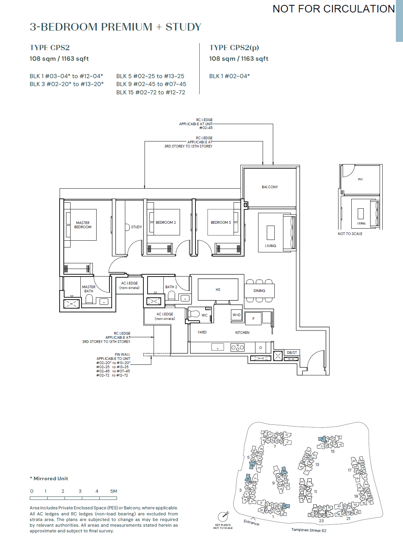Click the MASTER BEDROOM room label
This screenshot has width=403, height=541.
(x=83, y=225)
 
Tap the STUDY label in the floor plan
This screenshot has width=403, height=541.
(x=136, y=227)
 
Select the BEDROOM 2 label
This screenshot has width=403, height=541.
(x=166, y=223)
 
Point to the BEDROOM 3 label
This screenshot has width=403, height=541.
(x=221, y=223)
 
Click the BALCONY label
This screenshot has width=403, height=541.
(x=270, y=187)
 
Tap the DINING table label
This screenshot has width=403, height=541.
(x=259, y=291)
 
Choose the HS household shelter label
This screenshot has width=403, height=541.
(x=218, y=290)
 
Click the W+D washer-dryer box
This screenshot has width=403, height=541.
(x=237, y=315)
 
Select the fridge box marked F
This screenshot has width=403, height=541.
(x=253, y=319)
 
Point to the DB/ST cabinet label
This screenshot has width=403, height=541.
(x=292, y=353)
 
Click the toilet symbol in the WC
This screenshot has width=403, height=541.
(x=194, y=314)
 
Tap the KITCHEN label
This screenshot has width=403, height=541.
(x=242, y=333)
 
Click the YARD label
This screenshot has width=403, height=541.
(x=202, y=332)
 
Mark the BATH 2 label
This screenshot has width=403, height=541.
(x=171, y=287)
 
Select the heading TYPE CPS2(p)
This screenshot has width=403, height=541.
(x=234, y=48)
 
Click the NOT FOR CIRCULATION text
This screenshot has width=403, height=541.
(x=334, y=9)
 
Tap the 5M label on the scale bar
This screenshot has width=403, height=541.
(x=114, y=491)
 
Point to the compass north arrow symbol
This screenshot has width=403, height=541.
(x=223, y=516)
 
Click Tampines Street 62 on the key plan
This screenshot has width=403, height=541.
(x=309, y=530)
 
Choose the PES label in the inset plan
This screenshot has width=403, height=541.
(x=360, y=179)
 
